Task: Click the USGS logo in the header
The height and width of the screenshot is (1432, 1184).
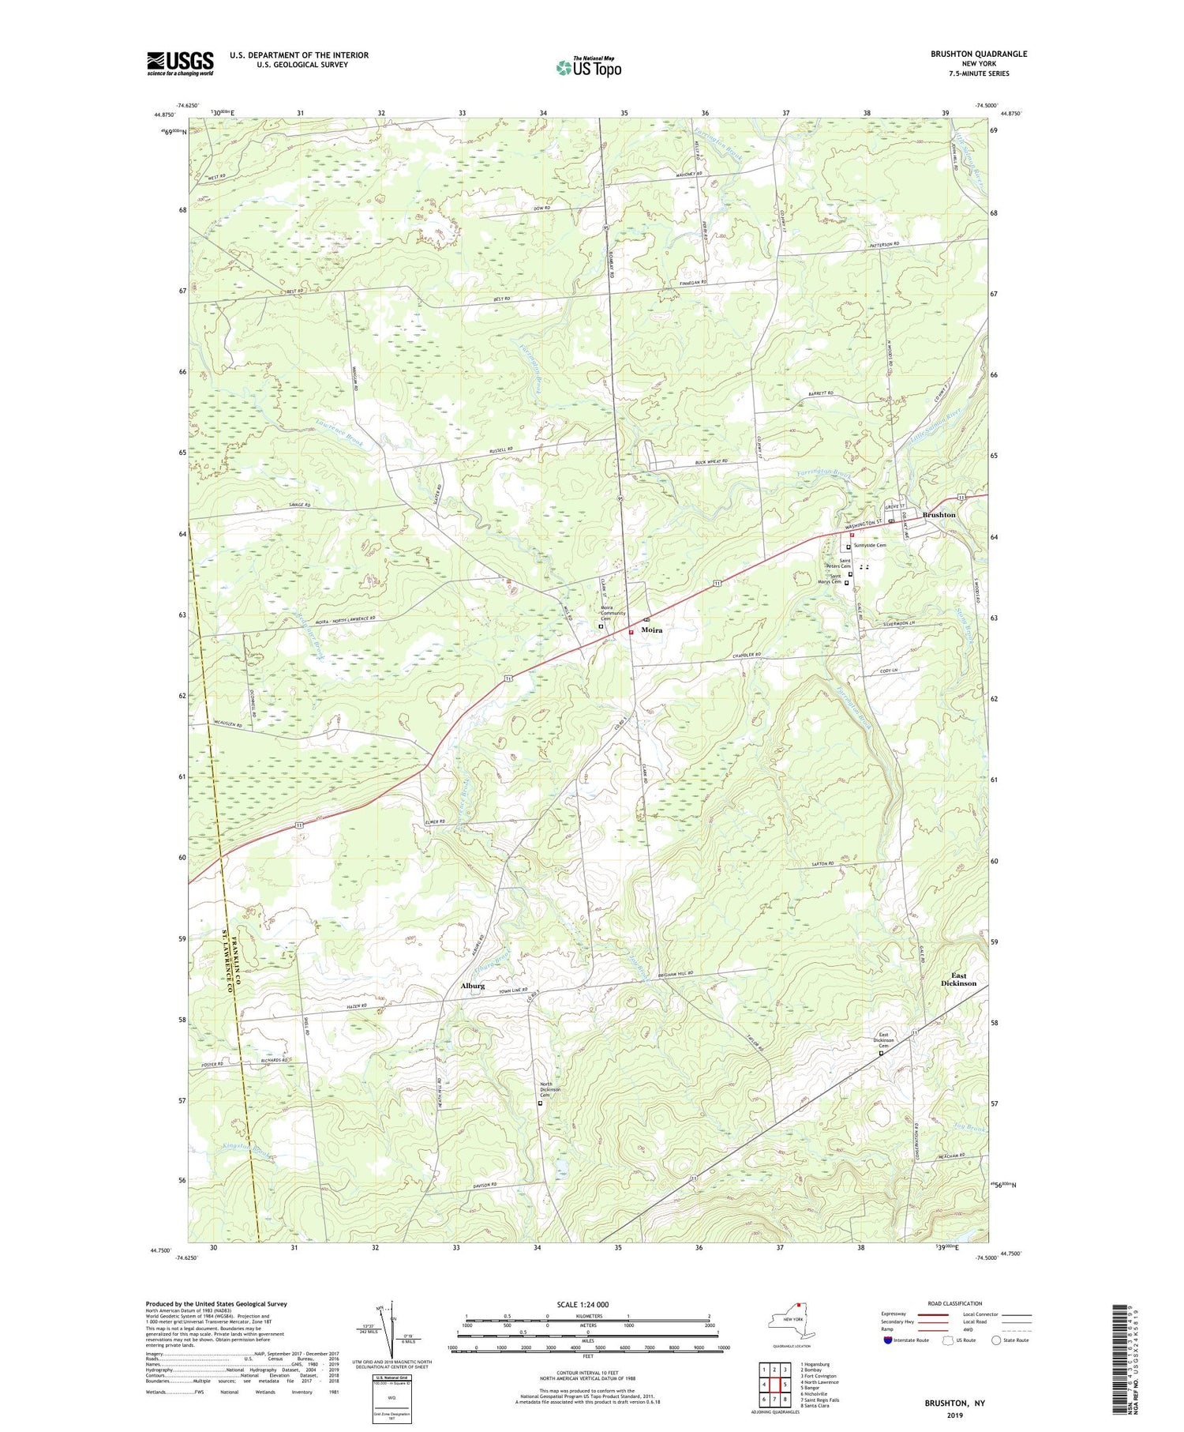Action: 180,63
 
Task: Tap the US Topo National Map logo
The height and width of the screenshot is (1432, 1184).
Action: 588,67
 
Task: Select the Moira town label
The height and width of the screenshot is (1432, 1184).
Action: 651,630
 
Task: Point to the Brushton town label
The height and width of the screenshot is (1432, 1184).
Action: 939,515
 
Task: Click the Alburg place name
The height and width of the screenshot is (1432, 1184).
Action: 472,986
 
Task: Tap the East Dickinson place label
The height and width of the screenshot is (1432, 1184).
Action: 958,979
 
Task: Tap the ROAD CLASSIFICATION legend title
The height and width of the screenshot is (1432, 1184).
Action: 955,1303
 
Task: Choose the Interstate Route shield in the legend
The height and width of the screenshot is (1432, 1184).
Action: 887,1340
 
